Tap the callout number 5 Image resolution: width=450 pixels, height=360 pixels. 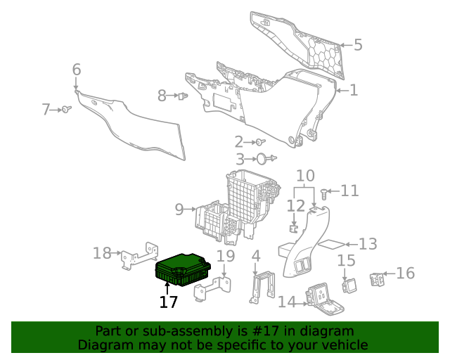coord(358,45)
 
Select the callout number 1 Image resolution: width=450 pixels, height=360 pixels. coord(354,90)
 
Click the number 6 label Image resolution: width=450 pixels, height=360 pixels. coord(77,69)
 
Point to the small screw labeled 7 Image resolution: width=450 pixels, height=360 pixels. coord(66,109)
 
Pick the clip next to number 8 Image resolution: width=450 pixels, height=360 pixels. coord(183,96)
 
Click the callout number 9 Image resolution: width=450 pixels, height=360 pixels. coord(179,209)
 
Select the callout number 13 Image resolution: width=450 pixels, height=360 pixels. coord(368,244)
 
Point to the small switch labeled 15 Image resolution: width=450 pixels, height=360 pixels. coord(347,284)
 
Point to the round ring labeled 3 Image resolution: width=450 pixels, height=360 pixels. coord(260,160)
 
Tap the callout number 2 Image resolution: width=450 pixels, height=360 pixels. coord(239,141)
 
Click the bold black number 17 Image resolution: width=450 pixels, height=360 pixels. coord(168,302)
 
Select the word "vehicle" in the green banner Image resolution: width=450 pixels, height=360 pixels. coord(343,345)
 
